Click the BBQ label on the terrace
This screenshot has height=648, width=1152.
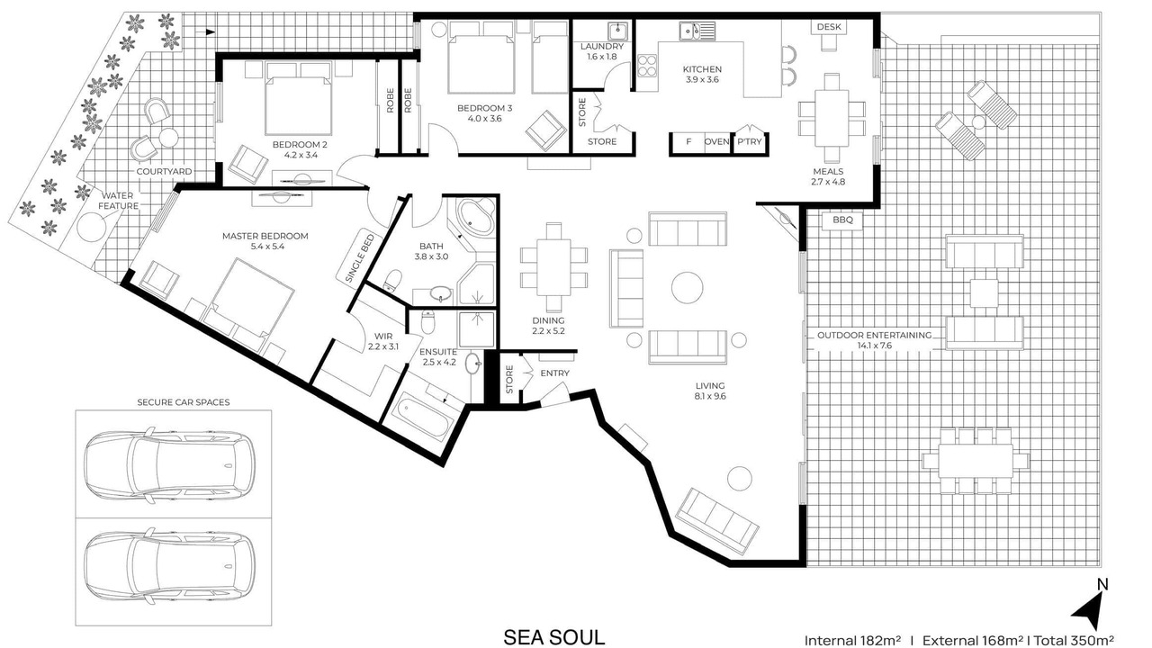pos(842,220)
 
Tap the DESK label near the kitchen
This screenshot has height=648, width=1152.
pos(829,27)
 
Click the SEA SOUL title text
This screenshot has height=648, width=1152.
pos(553,637)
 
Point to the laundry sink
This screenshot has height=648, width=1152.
pos(617,31)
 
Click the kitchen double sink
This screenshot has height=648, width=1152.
pos(697,31)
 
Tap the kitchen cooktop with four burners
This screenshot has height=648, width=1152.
pos(647,66)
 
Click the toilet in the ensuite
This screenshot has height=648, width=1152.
pos(427,322)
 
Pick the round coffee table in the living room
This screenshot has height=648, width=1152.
pos(687,287)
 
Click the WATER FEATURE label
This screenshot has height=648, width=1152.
pos(118,201)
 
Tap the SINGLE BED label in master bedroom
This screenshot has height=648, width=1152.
pos(360,258)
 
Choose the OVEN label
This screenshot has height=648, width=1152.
pos(716,141)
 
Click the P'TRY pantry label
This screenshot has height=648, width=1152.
pos(749,141)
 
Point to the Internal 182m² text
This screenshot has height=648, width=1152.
pos(852,640)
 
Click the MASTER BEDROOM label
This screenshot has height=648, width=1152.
pos(265,236)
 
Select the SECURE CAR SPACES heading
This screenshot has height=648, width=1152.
pos(183,402)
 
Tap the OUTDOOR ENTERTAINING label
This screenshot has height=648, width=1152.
pos(874,336)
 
